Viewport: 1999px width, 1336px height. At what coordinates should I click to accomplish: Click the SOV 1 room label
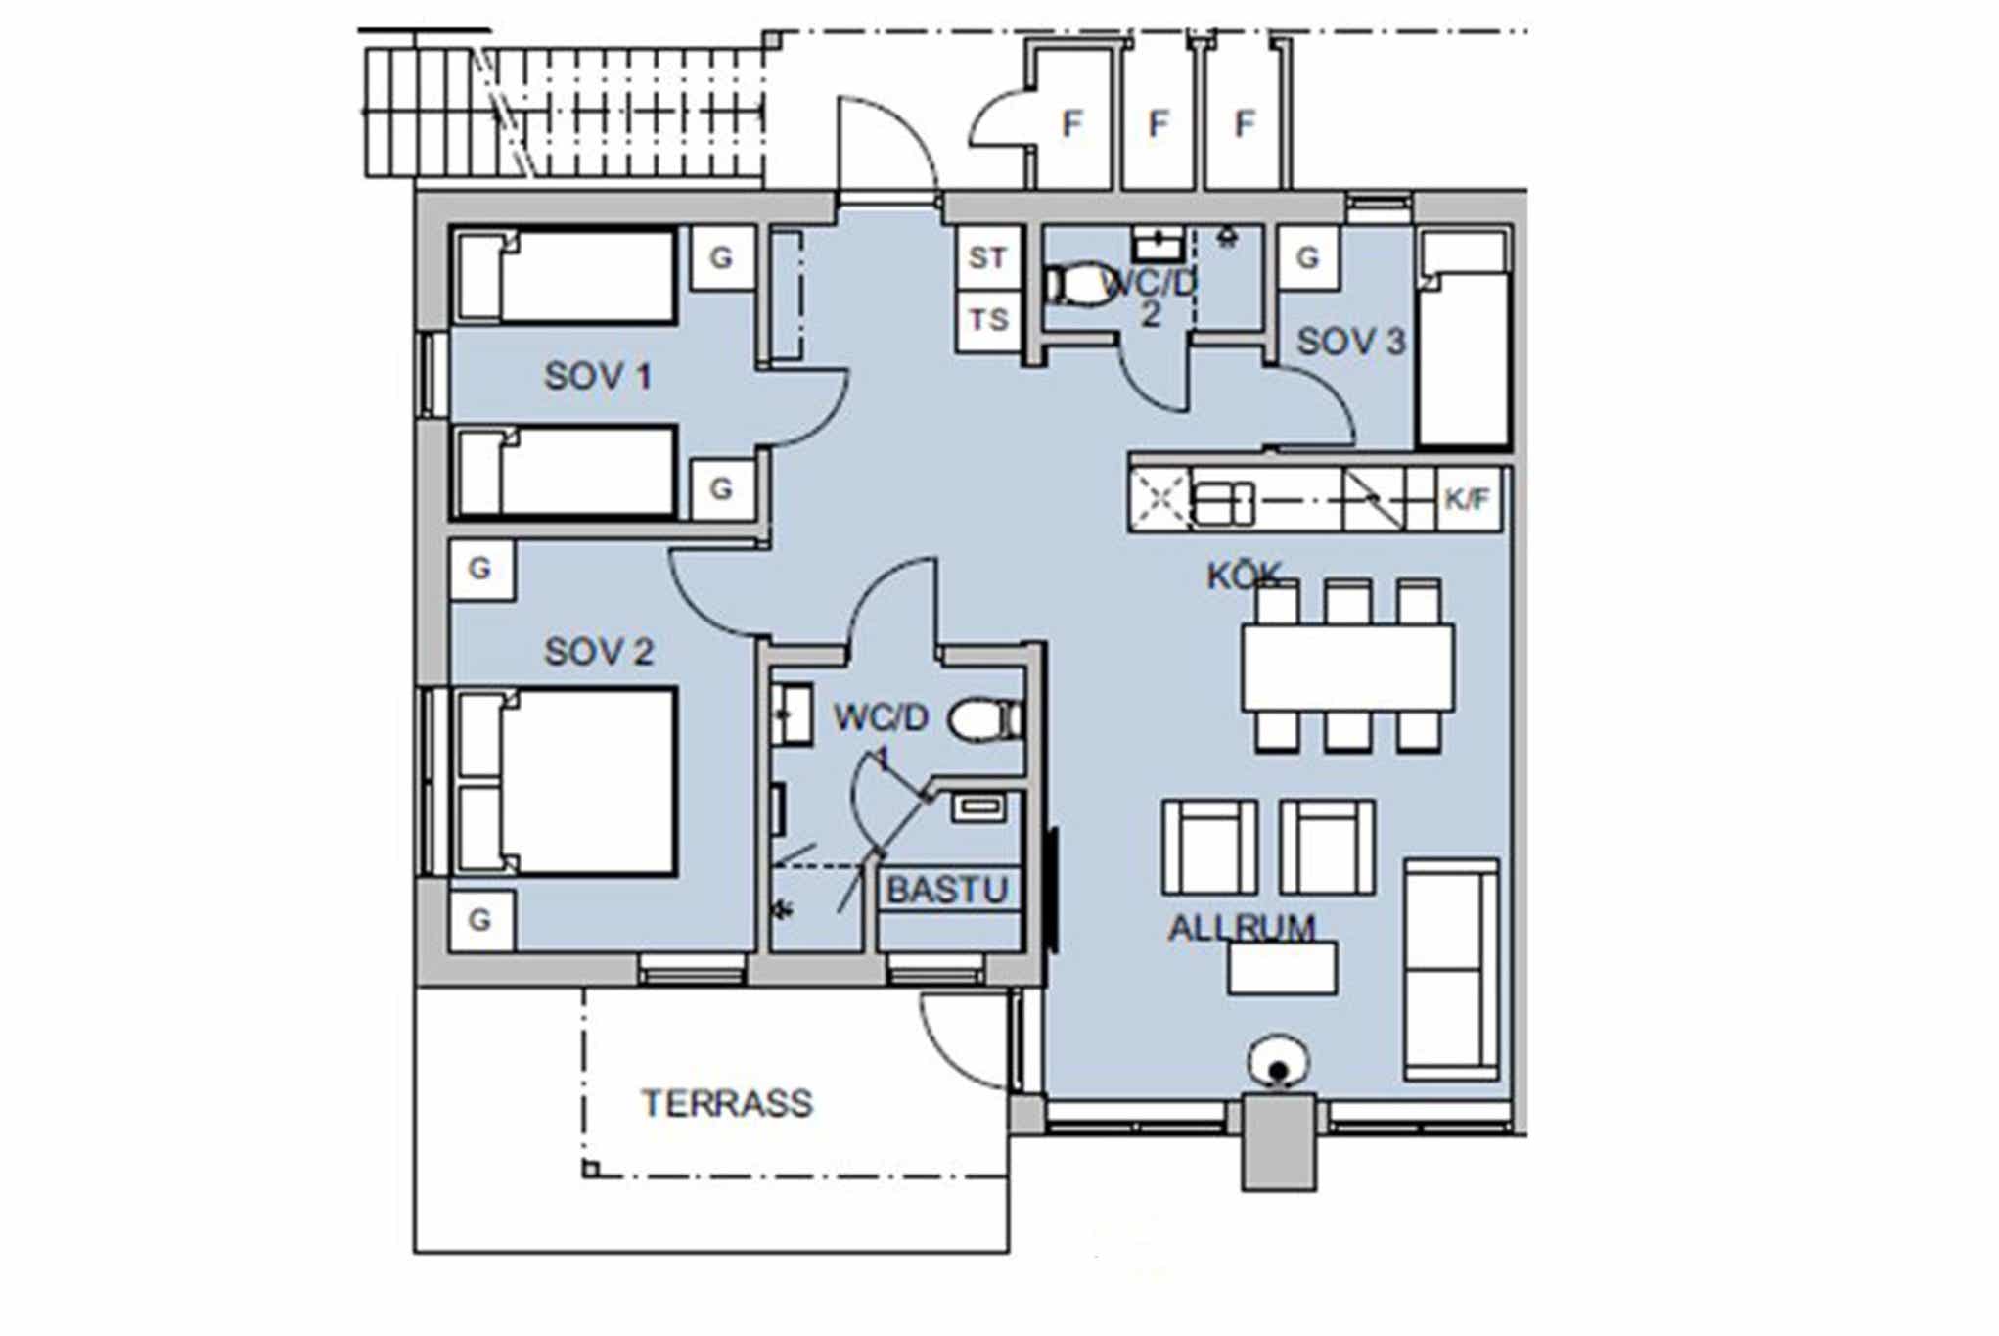click(x=598, y=376)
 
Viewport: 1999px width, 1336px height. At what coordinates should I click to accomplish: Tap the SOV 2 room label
click(x=599, y=652)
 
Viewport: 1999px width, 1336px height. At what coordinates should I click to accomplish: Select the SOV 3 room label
click(x=1351, y=342)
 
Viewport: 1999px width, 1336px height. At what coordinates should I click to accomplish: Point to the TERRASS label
click(x=727, y=1104)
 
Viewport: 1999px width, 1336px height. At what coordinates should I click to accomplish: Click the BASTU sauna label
click(x=947, y=890)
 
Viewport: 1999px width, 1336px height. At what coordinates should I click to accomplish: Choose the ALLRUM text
click(x=1243, y=928)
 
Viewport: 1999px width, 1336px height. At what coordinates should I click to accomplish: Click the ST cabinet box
click(x=988, y=257)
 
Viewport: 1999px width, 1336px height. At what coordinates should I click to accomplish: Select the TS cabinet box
click(x=988, y=320)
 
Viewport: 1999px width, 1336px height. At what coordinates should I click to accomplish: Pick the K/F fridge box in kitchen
click(x=1467, y=500)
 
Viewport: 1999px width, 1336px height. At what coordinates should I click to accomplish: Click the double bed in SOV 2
click(x=567, y=781)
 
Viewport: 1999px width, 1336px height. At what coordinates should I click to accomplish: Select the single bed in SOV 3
click(x=1464, y=339)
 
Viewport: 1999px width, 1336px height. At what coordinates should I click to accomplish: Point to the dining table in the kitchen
click(x=1347, y=668)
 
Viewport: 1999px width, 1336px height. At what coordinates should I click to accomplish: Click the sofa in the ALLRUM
click(x=1451, y=969)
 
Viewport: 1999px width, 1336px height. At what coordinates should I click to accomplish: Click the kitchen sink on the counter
click(x=1223, y=503)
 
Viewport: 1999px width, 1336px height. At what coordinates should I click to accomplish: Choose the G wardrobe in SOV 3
click(x=1307, y=257)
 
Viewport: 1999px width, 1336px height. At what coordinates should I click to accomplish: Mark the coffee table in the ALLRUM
click(x=1283, y=967)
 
